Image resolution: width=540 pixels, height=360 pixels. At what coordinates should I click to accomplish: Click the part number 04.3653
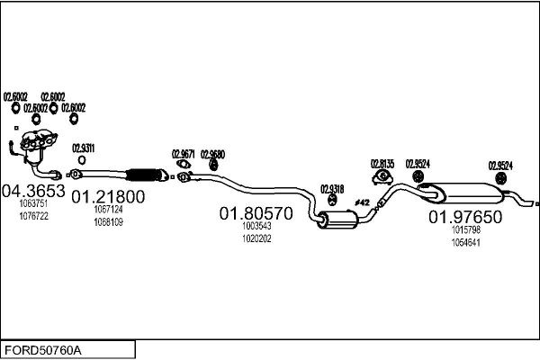pos(32,191)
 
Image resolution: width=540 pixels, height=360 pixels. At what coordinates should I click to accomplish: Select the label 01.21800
pos(108,197)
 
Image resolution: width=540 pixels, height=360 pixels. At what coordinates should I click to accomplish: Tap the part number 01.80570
pos(256,214)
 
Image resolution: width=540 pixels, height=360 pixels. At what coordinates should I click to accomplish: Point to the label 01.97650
pos(464,217)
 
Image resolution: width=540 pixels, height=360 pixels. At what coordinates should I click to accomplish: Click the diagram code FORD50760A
pos(43,348)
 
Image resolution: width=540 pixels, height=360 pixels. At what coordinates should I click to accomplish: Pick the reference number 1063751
pos(32,203)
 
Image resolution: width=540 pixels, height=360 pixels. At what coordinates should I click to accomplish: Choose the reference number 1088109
pos(108,221)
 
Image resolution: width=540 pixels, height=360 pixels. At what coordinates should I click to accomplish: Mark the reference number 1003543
pos(256,227)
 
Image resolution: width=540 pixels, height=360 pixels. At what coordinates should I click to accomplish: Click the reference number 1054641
pos(464,242)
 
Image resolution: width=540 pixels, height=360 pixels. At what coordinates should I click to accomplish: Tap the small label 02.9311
pos(83,148)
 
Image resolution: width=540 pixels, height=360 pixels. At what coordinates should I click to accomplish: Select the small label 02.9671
pos(184,154)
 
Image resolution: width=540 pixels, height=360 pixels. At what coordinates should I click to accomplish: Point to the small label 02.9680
pos(212,154)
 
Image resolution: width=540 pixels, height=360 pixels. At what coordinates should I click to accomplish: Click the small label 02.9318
pos(332,188)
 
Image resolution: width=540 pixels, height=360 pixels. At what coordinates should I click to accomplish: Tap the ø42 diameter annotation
pos(363,202)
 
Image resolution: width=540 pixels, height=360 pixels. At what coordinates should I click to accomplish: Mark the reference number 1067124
pos(108,210)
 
